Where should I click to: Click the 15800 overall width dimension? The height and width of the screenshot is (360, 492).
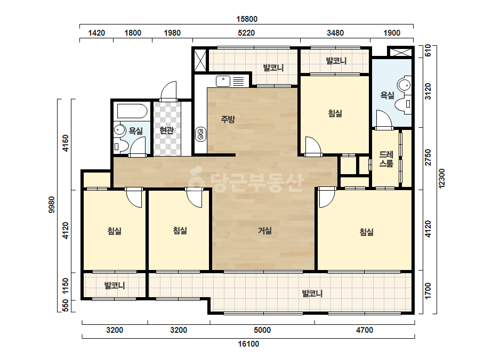[x=247, y=19]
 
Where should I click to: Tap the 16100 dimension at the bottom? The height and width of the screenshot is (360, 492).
[x=248, y=344]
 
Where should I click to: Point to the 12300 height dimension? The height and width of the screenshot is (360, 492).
[x=441, y=178]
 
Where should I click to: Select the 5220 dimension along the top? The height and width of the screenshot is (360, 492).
[x=246, y=33]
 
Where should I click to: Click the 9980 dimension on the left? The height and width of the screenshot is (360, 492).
[x=52, y=205]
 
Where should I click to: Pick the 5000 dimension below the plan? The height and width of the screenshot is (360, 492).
[x=262, y=330]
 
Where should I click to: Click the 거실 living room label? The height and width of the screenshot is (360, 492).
[x=264, y=231]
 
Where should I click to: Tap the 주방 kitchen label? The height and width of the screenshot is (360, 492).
[x=228, y=119]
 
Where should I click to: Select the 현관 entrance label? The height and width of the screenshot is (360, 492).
[x=166, y=130]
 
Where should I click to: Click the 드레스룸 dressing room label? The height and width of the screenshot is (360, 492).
[x=386, y=159]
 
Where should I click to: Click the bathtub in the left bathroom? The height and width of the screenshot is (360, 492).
[x=132, y=111]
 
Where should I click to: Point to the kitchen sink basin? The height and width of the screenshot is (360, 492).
[x=223, y=81]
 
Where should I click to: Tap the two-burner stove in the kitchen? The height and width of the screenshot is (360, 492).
[x=200, y=135]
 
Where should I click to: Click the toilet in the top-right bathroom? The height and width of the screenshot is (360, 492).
[x=403, y=104]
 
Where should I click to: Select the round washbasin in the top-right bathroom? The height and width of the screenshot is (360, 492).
[x=405, y=85]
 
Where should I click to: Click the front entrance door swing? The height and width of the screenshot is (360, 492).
[x=168, y=91]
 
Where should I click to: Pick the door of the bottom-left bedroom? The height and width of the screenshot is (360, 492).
[x=134, y=198]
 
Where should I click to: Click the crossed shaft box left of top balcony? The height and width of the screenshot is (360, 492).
[x=200, y=60]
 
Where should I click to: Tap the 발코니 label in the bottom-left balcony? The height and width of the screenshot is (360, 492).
[x=115, y=285]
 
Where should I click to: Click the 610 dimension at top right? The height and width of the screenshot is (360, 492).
[x=428, y=51]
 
